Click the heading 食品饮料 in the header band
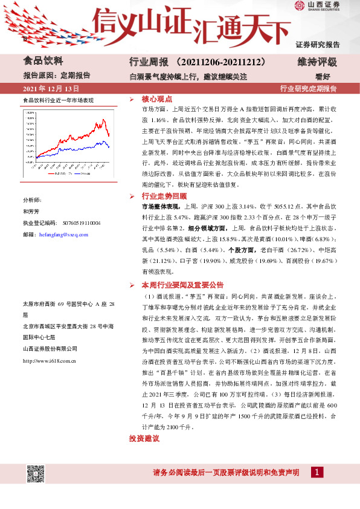click(42, 61)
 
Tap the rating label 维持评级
click(317, 62)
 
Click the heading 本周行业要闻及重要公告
click(182, 284)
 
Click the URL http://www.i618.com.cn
click(48, 361)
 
